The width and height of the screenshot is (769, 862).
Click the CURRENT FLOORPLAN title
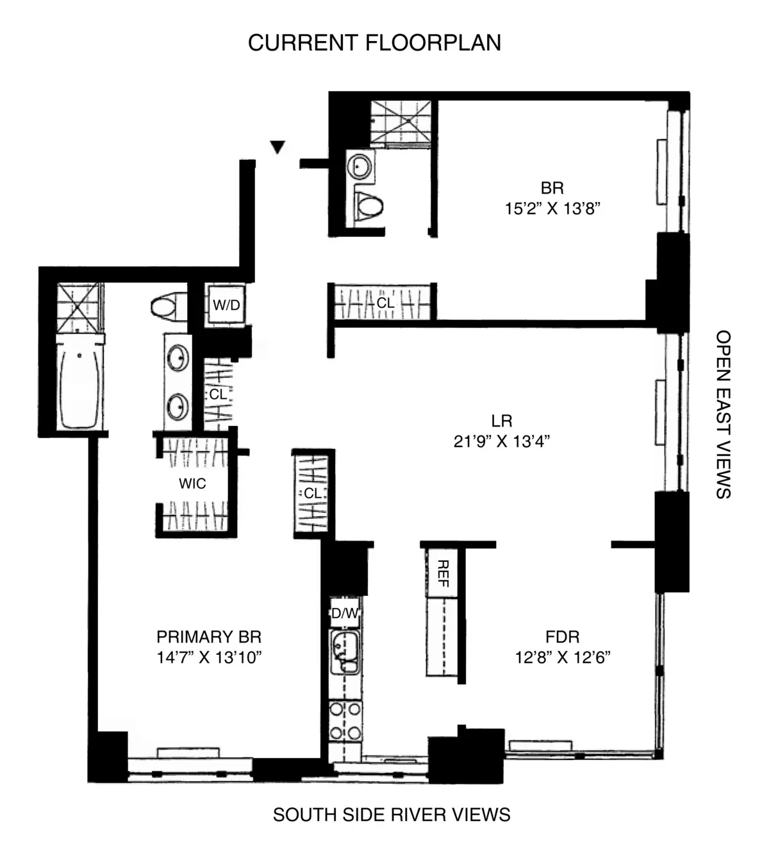374,43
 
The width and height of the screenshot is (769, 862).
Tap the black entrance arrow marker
277,147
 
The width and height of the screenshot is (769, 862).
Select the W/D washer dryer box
226,305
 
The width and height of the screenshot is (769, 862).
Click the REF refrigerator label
442,573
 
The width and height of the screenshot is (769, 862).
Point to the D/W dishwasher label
345,614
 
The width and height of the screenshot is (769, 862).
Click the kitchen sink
345,652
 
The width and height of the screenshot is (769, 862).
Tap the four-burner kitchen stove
345,721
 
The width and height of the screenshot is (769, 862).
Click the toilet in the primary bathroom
169,307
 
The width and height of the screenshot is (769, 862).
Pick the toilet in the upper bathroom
369,206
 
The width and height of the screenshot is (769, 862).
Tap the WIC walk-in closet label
192,484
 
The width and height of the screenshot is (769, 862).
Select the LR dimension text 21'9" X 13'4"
502,441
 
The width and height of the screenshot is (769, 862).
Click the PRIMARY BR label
209,637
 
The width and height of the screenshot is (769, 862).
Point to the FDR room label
562,637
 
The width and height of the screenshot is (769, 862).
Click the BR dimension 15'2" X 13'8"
552,208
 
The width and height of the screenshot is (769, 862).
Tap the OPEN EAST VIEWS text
723,414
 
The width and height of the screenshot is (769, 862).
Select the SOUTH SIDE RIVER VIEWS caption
392,815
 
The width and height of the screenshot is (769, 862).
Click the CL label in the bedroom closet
385,302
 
